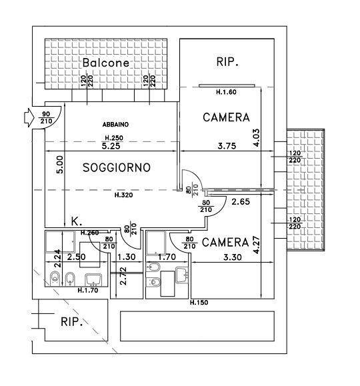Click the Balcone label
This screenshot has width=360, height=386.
[x=105, y=63]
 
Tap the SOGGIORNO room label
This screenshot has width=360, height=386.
[x=117, y=167]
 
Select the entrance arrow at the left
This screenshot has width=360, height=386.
[x=29, y=118]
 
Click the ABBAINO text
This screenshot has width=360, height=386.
[x=115, y=125]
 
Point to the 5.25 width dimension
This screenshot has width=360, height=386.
[x=111, y=146]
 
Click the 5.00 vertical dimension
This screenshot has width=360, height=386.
[x=60, y=165]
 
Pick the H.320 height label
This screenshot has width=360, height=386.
[x=124, y=195]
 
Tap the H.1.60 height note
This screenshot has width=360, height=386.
[x=226, y=92]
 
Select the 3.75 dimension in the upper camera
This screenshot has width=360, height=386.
[x=227, y=146]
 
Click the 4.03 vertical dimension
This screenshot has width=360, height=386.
[x=256, y=138]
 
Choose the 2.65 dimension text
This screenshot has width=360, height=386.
[x=241, y=201]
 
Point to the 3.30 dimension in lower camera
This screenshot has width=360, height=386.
[x=233, y=257]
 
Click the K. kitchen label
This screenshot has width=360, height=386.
[x=77, y=221]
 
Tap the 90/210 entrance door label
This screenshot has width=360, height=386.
[x=46, y=117]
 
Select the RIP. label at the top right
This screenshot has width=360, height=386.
[x=227, y=61]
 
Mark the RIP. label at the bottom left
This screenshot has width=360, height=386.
[x=71, y=322]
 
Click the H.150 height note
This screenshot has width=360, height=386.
[x=199, y=302]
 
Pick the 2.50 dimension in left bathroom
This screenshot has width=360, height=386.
[x=77, y=257]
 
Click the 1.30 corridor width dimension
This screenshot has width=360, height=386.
[x=126, y=257]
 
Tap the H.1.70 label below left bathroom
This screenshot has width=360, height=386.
[x=88, y=291]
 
